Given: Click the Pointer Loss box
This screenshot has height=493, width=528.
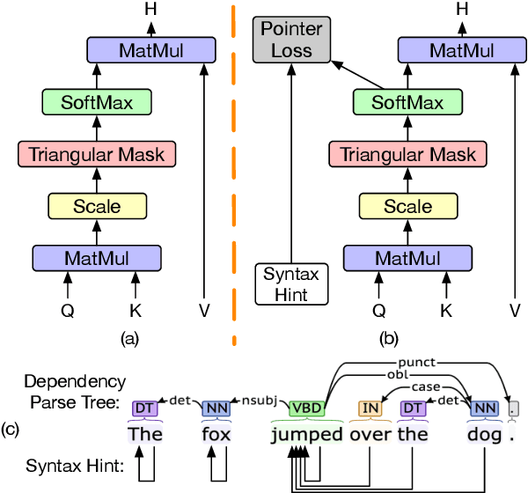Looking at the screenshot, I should (291, 40).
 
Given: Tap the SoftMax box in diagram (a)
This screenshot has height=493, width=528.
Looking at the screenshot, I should (97, 104).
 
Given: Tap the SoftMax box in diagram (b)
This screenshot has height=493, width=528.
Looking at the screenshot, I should (408, 104).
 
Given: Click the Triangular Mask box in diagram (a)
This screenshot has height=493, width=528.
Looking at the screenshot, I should (97, 155).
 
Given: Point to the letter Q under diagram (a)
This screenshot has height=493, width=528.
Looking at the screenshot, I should (67, 310).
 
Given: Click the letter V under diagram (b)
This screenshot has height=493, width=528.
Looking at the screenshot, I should (514, 310).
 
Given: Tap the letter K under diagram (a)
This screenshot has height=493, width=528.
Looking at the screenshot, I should (134, 310).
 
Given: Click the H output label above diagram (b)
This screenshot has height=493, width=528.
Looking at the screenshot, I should (462, 8).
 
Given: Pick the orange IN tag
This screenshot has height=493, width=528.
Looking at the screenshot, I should (370, 408).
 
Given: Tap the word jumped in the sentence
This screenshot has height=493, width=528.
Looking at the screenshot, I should (307, 434).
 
